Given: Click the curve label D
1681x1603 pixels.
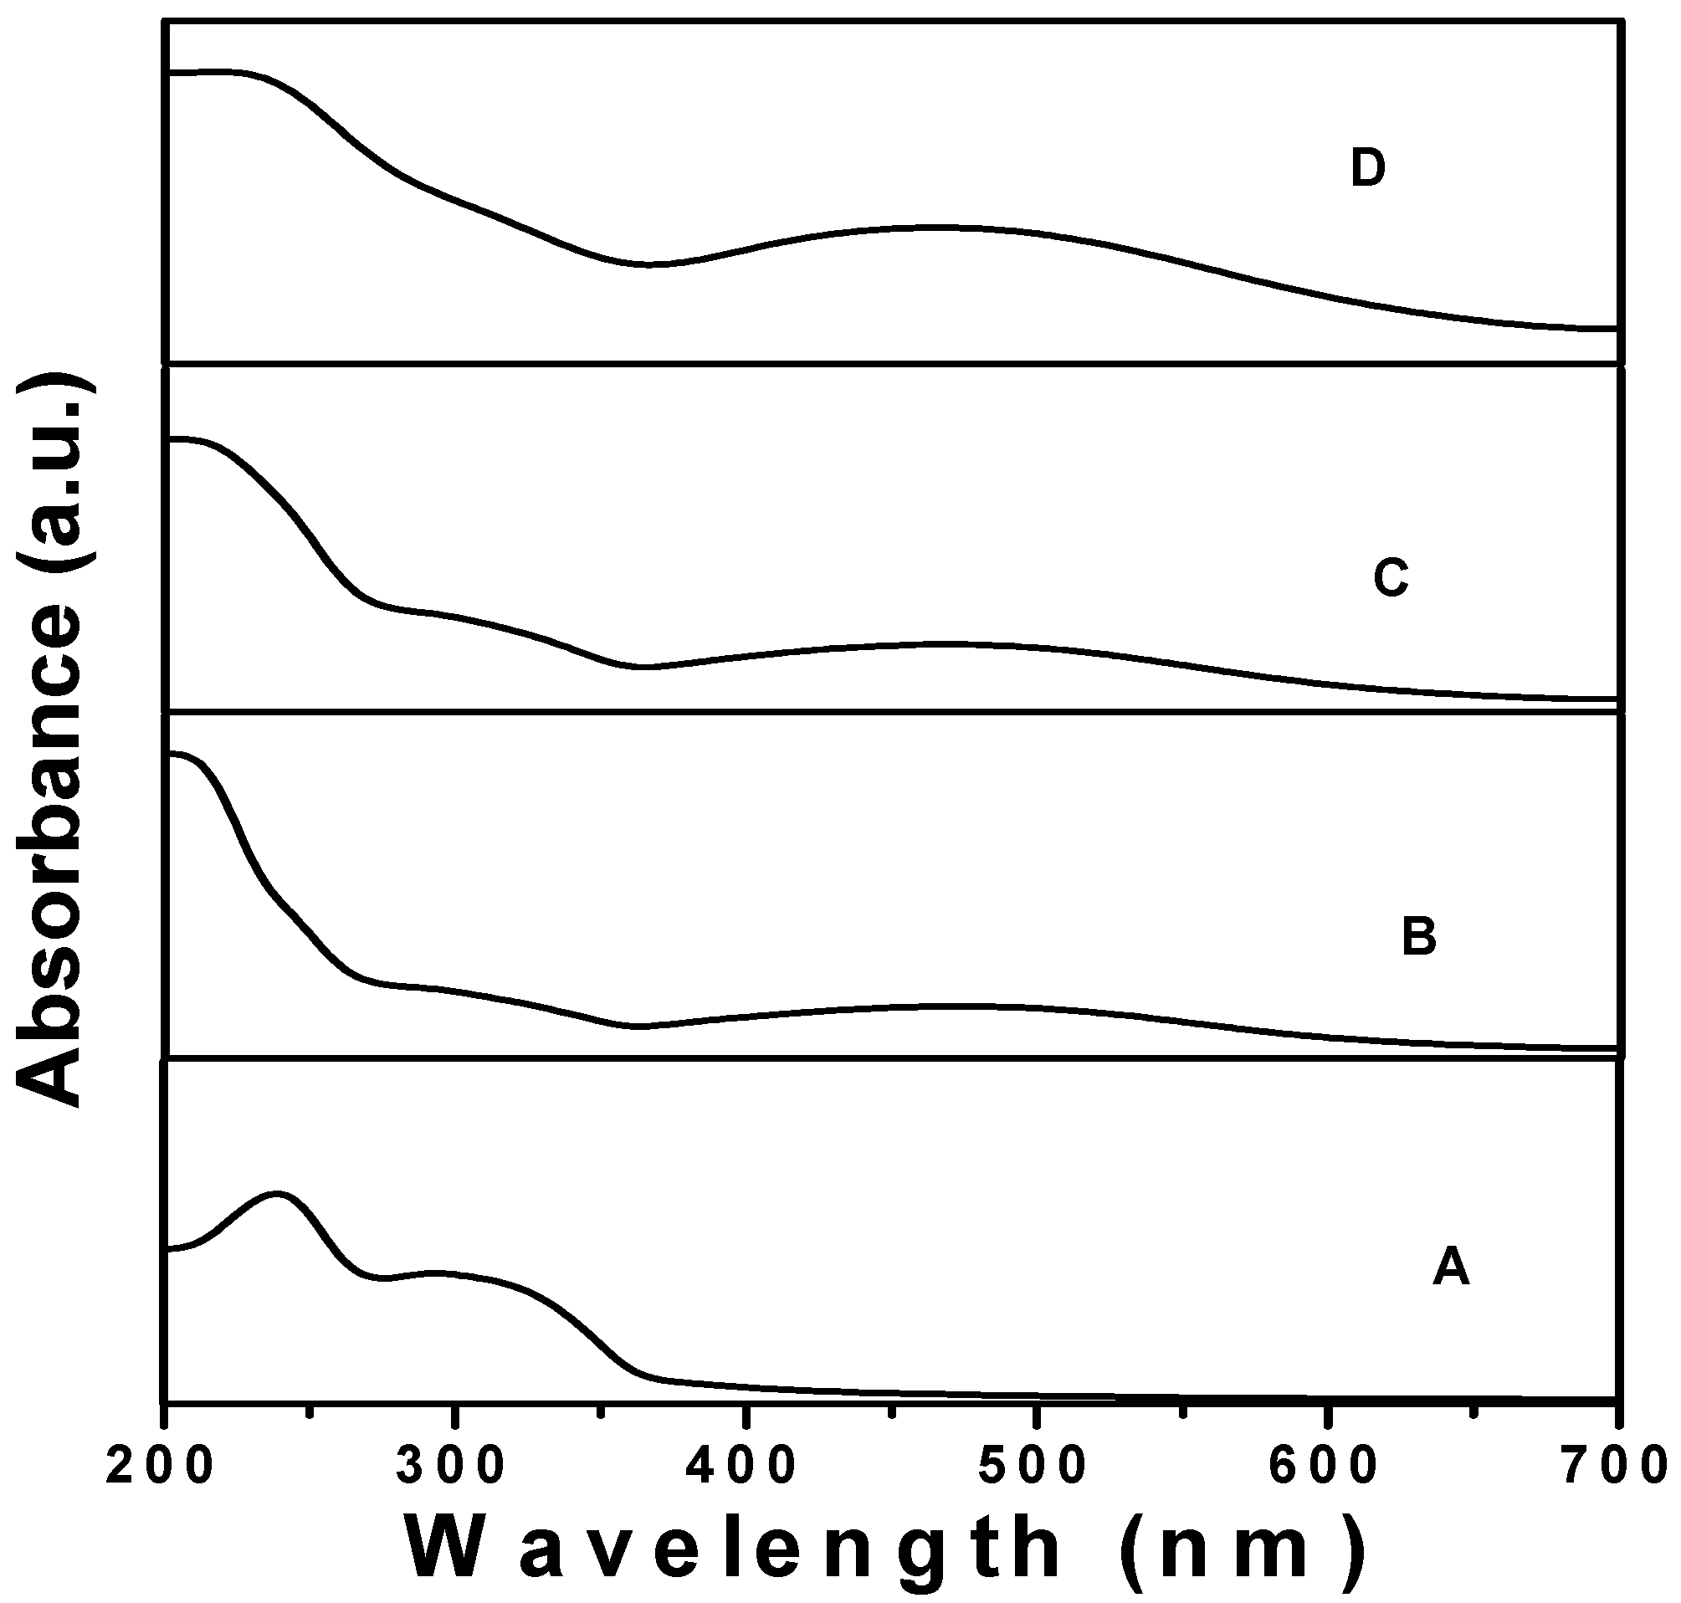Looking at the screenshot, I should (1367, 168).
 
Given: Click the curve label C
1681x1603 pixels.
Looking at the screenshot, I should (1391, 578).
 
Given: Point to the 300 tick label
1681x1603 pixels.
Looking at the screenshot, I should (452, 1467).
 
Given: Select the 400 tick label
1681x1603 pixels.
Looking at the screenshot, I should (743, 1467).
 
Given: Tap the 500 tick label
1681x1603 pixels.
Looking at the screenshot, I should (1033, 1467).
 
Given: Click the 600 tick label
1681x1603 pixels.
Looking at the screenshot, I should (1324, 1467).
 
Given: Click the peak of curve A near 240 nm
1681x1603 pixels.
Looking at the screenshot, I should (276, 1193).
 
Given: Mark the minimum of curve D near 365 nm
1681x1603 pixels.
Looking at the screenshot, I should (648, 264).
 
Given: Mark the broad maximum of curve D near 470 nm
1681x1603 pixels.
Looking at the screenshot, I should (935, 228).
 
